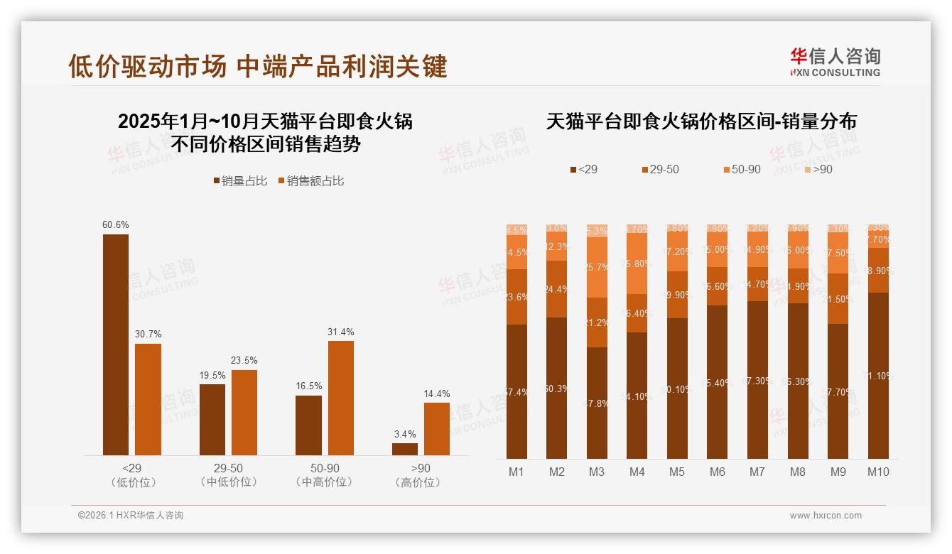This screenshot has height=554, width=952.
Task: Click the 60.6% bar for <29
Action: point(116,344)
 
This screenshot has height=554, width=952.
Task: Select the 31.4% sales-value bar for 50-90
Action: point(341,398)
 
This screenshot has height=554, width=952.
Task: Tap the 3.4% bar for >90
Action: point(405,449)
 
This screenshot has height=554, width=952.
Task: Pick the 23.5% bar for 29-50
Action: point(244,412)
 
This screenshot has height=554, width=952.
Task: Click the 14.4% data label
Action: point(437,394)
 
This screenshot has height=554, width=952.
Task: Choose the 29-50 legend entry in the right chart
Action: point(660,170)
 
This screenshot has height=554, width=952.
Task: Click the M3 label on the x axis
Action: point(597,472)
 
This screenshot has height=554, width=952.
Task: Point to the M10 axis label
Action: point(878,472)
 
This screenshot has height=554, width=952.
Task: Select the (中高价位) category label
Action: point(324,482)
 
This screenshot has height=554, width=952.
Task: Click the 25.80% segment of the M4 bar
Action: point(637,264)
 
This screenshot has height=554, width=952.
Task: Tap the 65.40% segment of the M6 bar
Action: point(718,382)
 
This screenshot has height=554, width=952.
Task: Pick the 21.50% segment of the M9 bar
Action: point(838,299)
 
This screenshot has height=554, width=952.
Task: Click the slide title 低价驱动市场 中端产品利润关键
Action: point(257,66)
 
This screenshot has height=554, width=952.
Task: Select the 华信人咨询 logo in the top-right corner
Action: point(835,62)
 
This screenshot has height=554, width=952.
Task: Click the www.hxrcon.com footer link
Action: point(826,516)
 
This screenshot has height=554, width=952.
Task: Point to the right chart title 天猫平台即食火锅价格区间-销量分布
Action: point(701,121)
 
